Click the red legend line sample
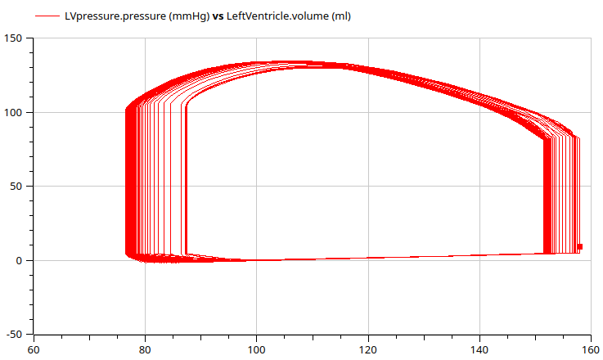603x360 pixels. tap(47, 16)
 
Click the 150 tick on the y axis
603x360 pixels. tap(14, 38)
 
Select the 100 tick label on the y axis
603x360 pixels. tap(14, 112)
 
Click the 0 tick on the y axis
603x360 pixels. tap(20, 260)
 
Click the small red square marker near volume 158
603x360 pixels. tap(579, 246)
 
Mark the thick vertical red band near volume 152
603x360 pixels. tap(547, 196)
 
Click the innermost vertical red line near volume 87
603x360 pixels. tap(187, 180)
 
